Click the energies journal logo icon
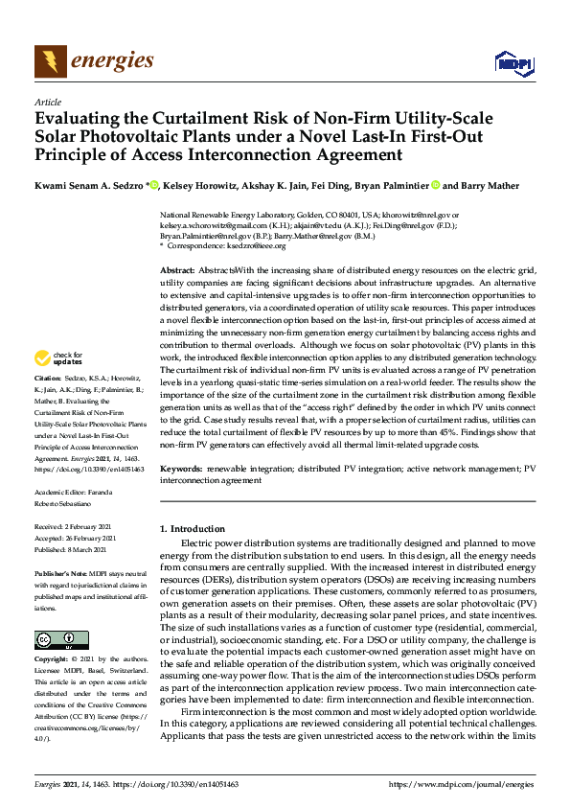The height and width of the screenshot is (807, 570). click(x=49, y=62)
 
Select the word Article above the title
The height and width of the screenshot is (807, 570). click(x=47, y=101)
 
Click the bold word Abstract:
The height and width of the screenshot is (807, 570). click(x=178, y=271)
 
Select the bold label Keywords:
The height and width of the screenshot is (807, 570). click(x=182, y=469)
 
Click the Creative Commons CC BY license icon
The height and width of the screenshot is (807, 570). click(x=56, y=638)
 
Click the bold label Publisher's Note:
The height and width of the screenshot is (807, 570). click(x=59, y=573)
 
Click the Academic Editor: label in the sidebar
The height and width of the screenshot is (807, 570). click(x=59, y=491)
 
